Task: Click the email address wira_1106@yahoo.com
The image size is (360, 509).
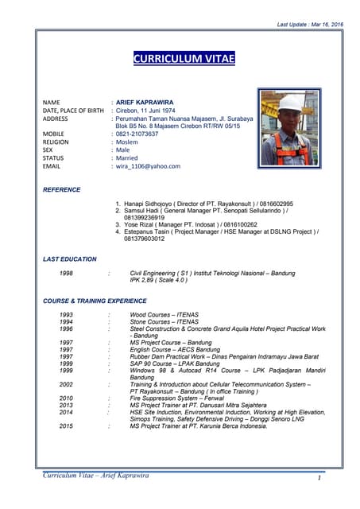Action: click(x=148, y=166)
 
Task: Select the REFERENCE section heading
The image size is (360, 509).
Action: click(x=62, y=190)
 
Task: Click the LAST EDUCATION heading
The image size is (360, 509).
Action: click(x=70, y=259)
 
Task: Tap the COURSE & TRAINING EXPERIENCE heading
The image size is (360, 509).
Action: click(x=95, y=301)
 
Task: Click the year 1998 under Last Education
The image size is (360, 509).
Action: click(x=67, y=273)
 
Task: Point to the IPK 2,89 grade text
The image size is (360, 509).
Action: click(x=159, y=281)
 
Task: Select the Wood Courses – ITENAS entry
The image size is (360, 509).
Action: click(x=164, y=315)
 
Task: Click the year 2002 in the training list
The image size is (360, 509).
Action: click(x=67, y=384)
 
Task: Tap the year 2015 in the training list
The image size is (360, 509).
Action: click(x=67, y=425)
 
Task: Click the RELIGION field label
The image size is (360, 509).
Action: click(x=56, y=142)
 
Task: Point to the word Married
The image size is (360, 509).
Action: click(x=128, y=158)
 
